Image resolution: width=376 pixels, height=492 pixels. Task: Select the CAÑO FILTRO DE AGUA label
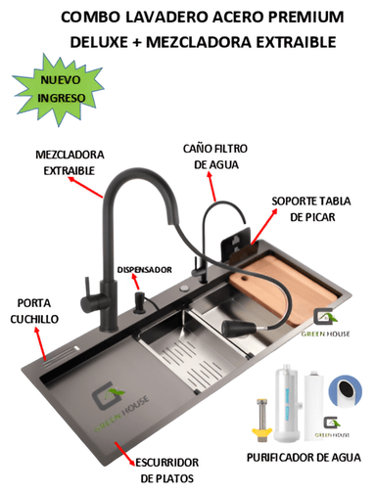point(219,157)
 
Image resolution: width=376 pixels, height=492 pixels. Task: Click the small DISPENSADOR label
point(144,267)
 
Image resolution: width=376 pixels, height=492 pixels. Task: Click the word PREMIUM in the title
point(293,18)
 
